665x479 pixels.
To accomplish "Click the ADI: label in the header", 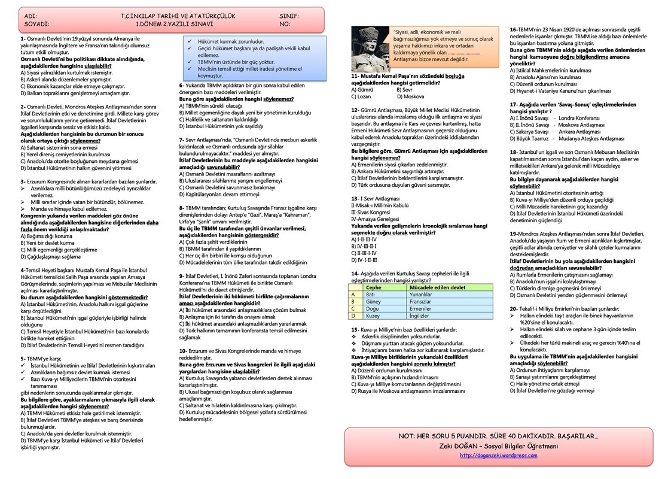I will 30,16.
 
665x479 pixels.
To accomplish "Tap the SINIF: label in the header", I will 289,16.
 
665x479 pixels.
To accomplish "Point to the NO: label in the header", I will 284,25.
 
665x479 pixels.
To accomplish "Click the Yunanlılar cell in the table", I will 420,295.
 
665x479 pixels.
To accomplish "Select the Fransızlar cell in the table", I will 420,302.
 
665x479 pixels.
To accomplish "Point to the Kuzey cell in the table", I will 373,316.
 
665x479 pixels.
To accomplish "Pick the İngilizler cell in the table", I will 419,316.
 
